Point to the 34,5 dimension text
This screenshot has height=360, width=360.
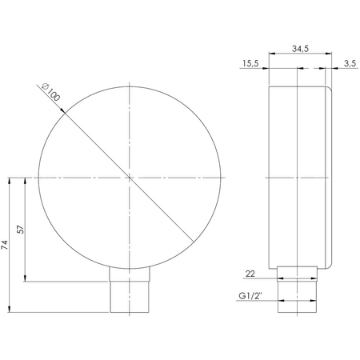coord(300,50)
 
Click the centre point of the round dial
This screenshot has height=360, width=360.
coord(129,176)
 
